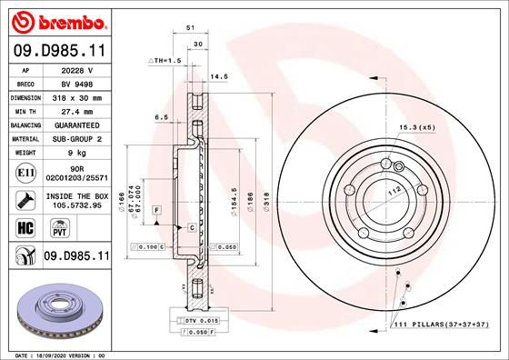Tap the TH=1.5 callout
coord(165,59)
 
